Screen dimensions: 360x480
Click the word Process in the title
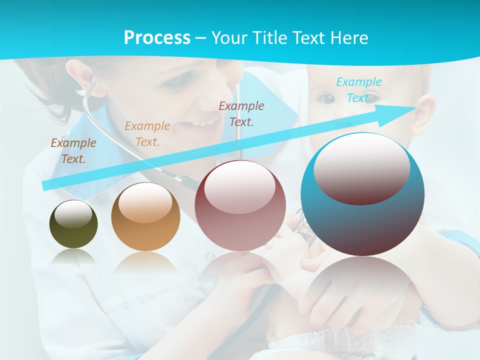pyautogui.click(x=157, y=37)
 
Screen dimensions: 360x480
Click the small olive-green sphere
pyautogui.click(x=73, y=224)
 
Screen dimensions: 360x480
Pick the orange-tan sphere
pyautogui.click(x=145, y=216)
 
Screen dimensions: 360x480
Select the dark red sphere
pyautogui.click(x=240, y=205)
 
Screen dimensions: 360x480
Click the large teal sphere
pyautogui.click(x=362, y=194)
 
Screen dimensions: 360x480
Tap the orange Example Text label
pyautogui.click(x=147, y=134)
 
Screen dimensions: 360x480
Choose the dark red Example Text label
pyautogui.click(x=241, y=113)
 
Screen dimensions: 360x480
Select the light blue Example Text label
pyautogui.click(x=359, y=90)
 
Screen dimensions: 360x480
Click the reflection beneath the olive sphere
pyautogui.click(x=73, y=257)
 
